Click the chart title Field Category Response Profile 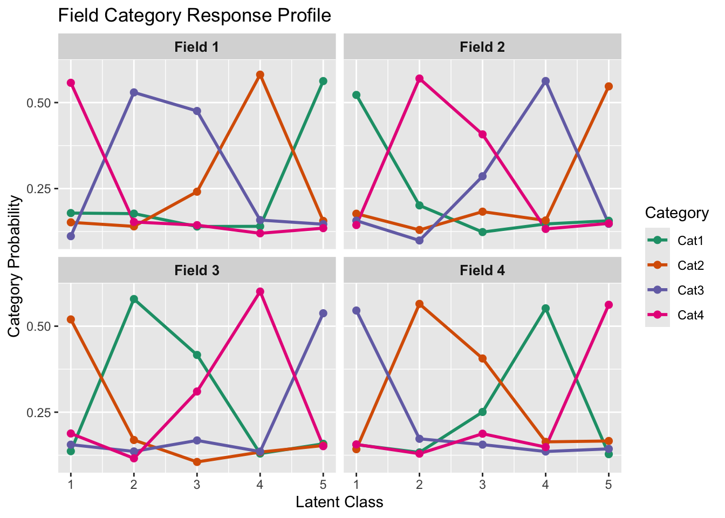tap(194, 15)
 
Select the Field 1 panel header tap(196, 47)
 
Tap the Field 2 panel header tap(482, 47)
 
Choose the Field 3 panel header tap(196, 270)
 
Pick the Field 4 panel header tap(482, 270)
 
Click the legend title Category tap(676, 213)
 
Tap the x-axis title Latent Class tap(339, 502)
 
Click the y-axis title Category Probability tap(15, 266)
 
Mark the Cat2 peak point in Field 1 tap(260, 75)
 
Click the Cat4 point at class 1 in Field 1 tap(71, 83)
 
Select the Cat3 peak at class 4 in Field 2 tap(545, 81)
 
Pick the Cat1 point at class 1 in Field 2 tap(356, 95)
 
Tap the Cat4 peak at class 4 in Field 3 tap(260, 292)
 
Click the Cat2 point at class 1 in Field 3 tap(71, 319)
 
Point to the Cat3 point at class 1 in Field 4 tap(356, 310)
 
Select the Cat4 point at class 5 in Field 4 tap(608, 305)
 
